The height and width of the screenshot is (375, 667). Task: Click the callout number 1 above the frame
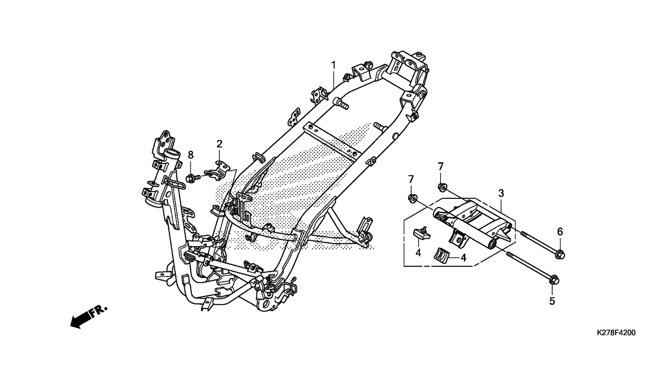(333, 65)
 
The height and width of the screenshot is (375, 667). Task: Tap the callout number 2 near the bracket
(219, 144)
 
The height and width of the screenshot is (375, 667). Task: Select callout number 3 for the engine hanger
(501, 193)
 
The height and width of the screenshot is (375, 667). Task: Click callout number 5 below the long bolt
(552, 301)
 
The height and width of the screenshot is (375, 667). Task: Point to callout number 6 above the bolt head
(560, 231)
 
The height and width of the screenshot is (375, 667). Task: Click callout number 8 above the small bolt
(190, 155)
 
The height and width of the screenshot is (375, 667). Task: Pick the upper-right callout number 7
(440, 166)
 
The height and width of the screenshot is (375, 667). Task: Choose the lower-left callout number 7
(411, 179)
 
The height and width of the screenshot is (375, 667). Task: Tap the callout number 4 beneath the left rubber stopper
(418, 253)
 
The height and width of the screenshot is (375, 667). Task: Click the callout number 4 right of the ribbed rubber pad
(463, 258)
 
